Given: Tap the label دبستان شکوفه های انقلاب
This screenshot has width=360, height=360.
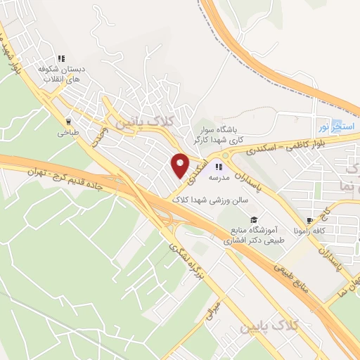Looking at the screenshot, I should click(60, 74).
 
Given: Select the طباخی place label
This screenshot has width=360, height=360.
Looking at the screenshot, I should click(68, 131).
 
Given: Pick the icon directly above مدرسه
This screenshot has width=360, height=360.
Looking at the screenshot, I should click(219, 167).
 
